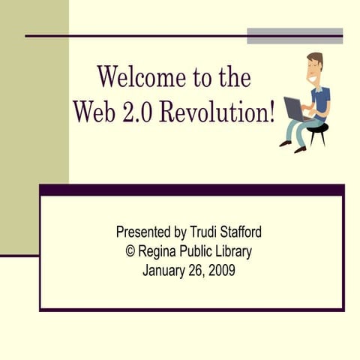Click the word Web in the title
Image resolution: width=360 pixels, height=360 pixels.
click(94, 110)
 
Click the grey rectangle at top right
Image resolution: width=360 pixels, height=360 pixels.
click(295, 35)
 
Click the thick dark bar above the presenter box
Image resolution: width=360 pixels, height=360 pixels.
click(191, 190)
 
